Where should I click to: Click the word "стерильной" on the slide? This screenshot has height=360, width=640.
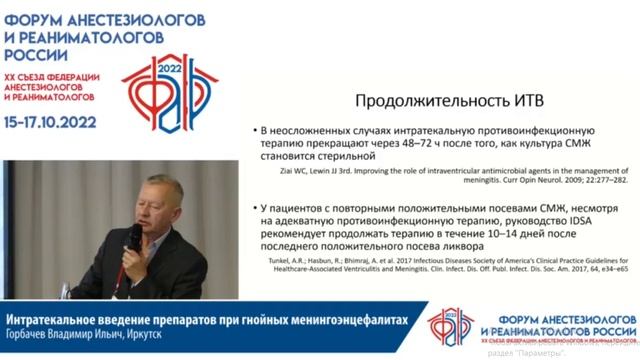point(335,157)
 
